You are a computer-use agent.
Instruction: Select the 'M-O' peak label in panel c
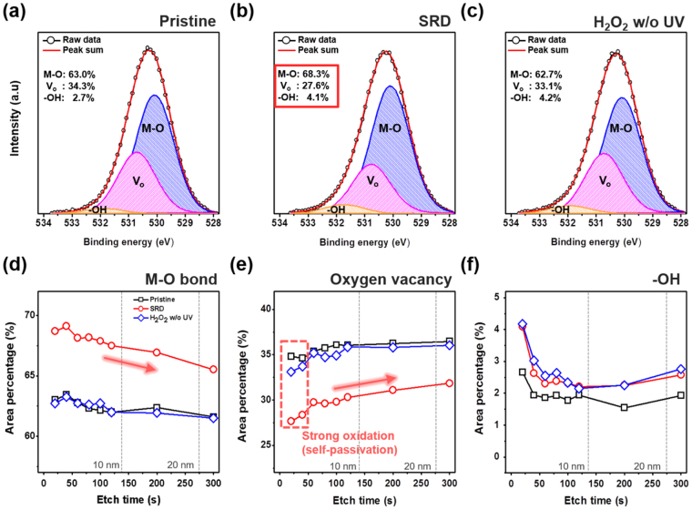621,128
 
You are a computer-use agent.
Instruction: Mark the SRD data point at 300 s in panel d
213,370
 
